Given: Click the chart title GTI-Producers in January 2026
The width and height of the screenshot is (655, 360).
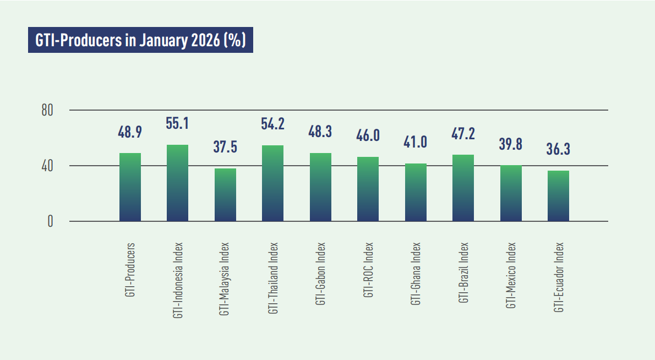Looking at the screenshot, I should coord(140,41).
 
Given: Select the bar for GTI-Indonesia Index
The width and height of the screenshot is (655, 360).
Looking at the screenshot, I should coord(177,183).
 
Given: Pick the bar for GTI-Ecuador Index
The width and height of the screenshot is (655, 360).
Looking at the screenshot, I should coord(558,196).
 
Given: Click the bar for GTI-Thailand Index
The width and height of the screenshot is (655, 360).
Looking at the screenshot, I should coord(272,183).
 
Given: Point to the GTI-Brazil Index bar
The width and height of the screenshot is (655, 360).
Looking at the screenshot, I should coord(463,188).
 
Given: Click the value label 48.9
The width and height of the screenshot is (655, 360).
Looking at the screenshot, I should coord(130,132).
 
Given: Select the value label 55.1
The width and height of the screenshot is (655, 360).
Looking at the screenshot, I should coord(177,123).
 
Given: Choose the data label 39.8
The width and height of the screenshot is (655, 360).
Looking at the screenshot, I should coord(511,144).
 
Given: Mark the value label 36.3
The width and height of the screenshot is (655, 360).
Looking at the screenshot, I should coord(558,149).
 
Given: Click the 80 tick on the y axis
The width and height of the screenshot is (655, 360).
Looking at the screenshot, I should coord(47,110).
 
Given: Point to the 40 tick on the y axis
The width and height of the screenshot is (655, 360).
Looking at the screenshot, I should coord(47,166).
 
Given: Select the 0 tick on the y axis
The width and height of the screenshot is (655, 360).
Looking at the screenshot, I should coord(50,221).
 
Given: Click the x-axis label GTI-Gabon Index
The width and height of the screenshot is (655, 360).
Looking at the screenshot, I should coord(320,274).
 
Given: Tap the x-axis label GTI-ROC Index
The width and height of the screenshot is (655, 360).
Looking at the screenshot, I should coord(368,270).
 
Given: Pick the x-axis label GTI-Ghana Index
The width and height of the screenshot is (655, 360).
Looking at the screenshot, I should coord(416,274).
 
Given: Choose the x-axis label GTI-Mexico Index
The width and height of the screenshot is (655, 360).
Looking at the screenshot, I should coord(511,275).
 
